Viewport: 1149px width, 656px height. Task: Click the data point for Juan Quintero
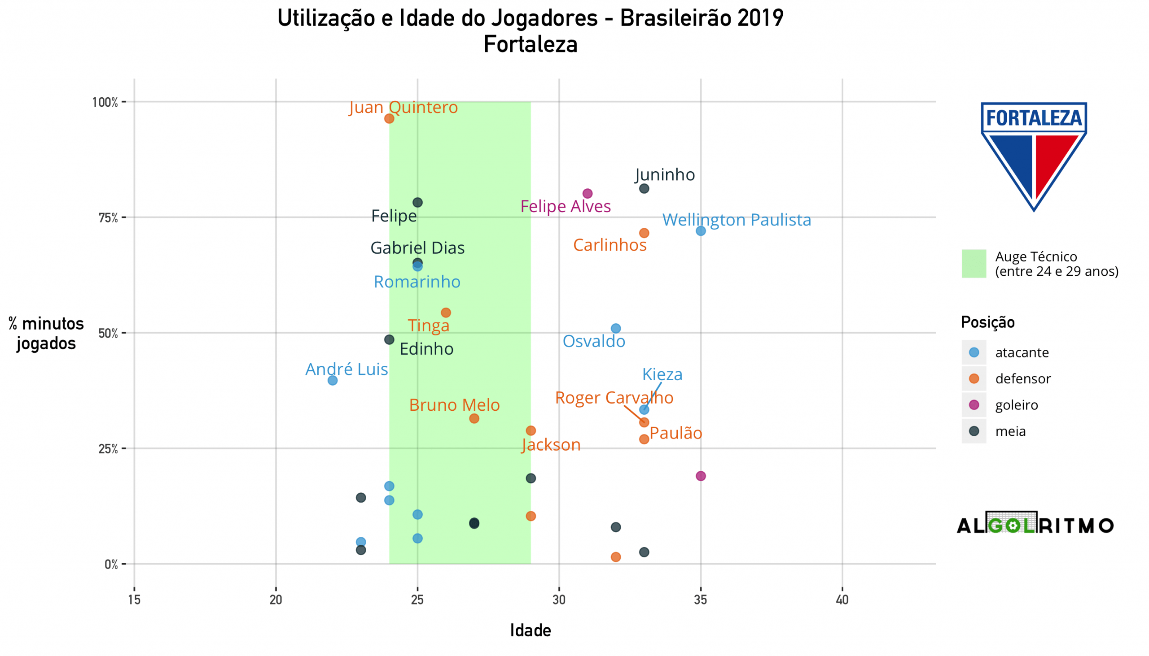pos(389,118)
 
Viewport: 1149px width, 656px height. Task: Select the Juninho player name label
pos(665,174)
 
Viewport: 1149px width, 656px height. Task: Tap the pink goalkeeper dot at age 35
pos(701,476)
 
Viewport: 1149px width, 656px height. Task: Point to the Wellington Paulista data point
pos(701,231)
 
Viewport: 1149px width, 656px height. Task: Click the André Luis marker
pos(332,381)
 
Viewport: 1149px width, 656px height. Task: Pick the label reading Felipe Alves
pos(566,206)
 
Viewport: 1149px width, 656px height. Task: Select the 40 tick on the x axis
pos(842,600)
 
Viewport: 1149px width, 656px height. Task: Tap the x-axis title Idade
pos(531,631)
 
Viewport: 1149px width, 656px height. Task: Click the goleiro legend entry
pos(1017,405)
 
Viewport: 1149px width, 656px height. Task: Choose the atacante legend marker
pos(974,352)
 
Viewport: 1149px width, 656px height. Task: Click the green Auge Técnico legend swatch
pos(974,264)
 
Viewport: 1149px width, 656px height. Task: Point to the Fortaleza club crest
pos(1034,156)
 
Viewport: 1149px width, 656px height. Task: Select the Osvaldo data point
pos(615,329)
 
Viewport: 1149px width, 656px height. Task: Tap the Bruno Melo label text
pos(454,405)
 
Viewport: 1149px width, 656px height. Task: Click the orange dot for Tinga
pos(446,313)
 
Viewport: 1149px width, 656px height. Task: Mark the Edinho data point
pos(389,340)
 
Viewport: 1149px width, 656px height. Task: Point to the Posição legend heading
pos(987,322)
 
